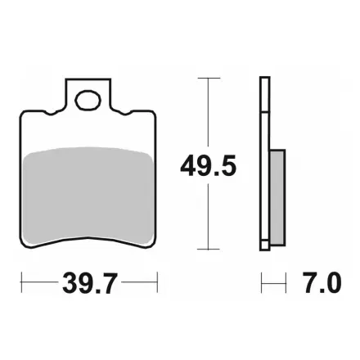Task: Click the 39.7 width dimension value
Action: click(90, 282)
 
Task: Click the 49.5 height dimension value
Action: click(208, 164)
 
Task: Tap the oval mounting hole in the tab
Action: click(88, 101)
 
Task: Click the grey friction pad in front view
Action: click(88, 195)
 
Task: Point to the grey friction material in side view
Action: click(277, 196)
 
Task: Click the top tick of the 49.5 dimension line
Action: click(209, 79)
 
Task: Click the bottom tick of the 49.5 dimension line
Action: click(209, 249)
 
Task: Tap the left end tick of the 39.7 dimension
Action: click(21, 282)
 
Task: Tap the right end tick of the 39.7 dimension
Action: click(157, 282)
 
